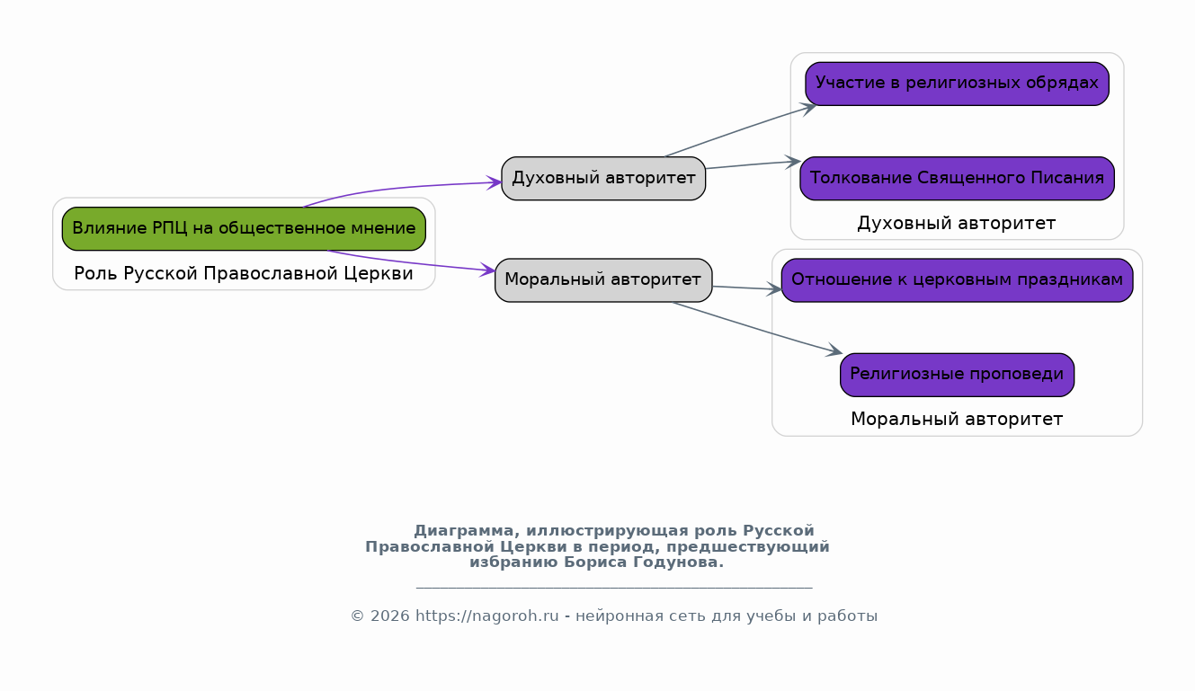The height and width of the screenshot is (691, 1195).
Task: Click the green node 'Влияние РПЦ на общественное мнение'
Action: pyautogui.click(x=244, y=229)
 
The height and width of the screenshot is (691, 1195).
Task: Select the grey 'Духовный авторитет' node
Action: pyautogui.click(x=603, y=178)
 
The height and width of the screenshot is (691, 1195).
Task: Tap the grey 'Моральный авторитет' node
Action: pyautogui.click(x=603, y=280)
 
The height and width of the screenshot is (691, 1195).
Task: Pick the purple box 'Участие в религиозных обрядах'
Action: pyautogui.click(x=957, y=84)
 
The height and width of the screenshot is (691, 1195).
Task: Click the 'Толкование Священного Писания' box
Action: pyautogui.click(x=957, y=178)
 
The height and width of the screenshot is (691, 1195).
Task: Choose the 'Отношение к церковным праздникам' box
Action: pyautogui.click(x=957, y=280)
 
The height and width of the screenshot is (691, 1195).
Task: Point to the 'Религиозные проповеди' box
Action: pyautogui.click(x=957, y=375)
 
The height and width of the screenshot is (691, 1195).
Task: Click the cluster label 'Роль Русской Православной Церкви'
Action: pyautogui.click(x=244, y=273)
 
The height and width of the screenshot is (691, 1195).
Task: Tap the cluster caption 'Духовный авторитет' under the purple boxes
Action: pyautogui.click(x=957, y=223)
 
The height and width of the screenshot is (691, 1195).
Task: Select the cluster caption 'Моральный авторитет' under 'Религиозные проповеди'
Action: pyautogui.click(x=957, y=419)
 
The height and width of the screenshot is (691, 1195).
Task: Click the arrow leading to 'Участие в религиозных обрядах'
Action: pyautogui.click(x=741, y=130)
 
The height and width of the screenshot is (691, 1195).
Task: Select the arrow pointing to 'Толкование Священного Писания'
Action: pyautogui.click(x=753, y=164)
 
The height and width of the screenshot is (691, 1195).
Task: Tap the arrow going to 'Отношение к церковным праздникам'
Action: pyautogui.click(x=747, y=288)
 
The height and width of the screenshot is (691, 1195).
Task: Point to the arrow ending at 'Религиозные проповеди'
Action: pyautogui.click(x=757, y=328)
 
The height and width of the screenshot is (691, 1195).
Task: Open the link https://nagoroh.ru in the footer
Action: pyautogui.click(x=487, y=616)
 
